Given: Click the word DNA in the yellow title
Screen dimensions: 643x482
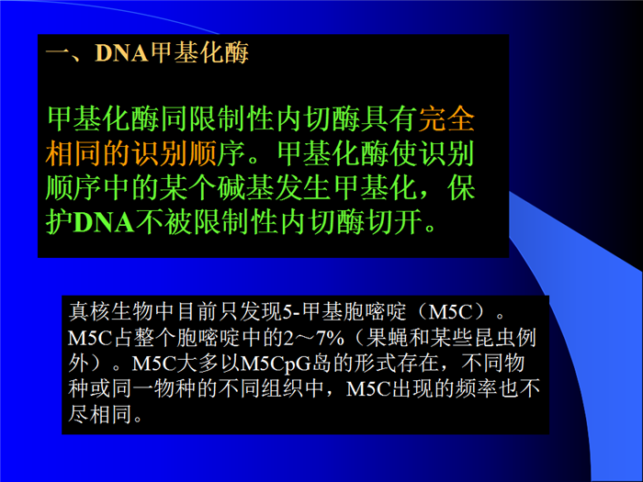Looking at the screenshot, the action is [121, 53].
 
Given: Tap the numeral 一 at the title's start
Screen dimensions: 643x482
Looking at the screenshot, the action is [57, 53].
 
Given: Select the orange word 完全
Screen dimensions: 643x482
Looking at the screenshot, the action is [446, 119].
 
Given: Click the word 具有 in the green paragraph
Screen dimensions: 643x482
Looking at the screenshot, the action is [389, 119].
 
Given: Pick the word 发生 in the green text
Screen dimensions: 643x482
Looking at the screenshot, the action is [303, 188].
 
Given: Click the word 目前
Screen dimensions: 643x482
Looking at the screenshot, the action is [198, 312].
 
